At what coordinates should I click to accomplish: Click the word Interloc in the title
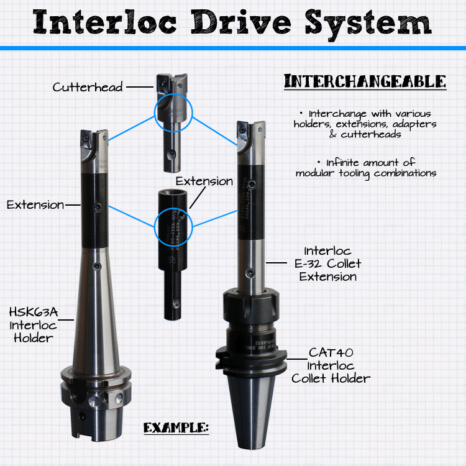click(104, 22)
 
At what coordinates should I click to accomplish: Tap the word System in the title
click(368, 24)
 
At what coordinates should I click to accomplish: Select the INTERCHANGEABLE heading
click(365, 81)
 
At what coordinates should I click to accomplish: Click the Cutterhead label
click(88, 87)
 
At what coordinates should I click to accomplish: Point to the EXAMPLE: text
click(176, 427)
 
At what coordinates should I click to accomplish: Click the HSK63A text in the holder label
click(34, 312)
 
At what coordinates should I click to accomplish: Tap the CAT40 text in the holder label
click(331, 353)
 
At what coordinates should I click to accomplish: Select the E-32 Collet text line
click(328, 263)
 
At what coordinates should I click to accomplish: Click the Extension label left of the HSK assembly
click(35, 205)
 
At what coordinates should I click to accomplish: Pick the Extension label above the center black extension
click(204, 181)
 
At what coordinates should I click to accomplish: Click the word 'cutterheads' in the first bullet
click(371, 134)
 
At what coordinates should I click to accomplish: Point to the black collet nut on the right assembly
click(251, 308)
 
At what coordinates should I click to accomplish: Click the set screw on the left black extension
click(97, 207)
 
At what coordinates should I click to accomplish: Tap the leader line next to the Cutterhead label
click(140, 87)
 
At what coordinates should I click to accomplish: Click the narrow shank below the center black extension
click(173, 295)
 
